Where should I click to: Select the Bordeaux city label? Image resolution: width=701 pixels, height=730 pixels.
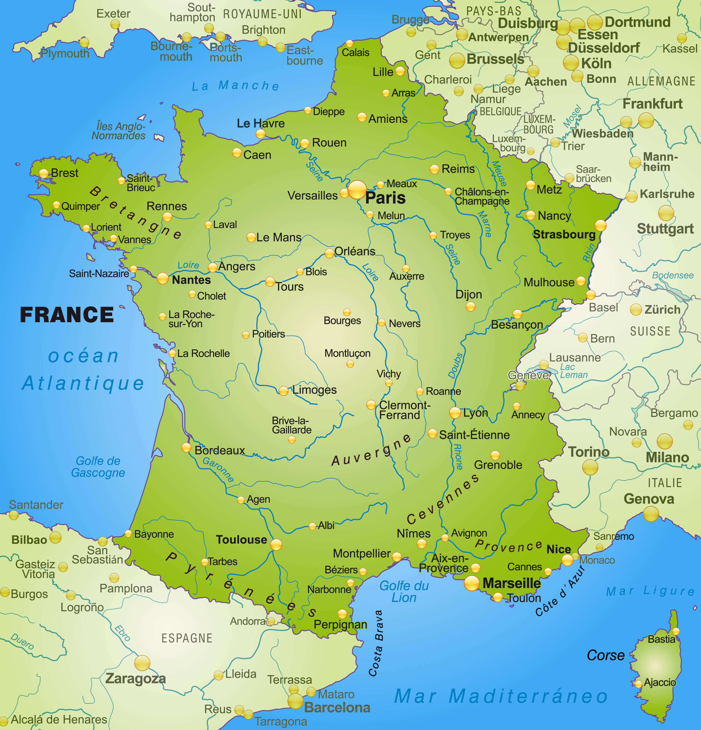coord(220,450)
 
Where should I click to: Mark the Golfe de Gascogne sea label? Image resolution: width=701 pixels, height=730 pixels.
coord(98,467)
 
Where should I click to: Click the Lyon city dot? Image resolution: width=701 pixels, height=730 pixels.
coord(455,413)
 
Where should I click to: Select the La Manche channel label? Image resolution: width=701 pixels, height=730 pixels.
coord(235,86)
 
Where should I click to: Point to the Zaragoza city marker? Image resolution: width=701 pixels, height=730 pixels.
coord(142,663)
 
